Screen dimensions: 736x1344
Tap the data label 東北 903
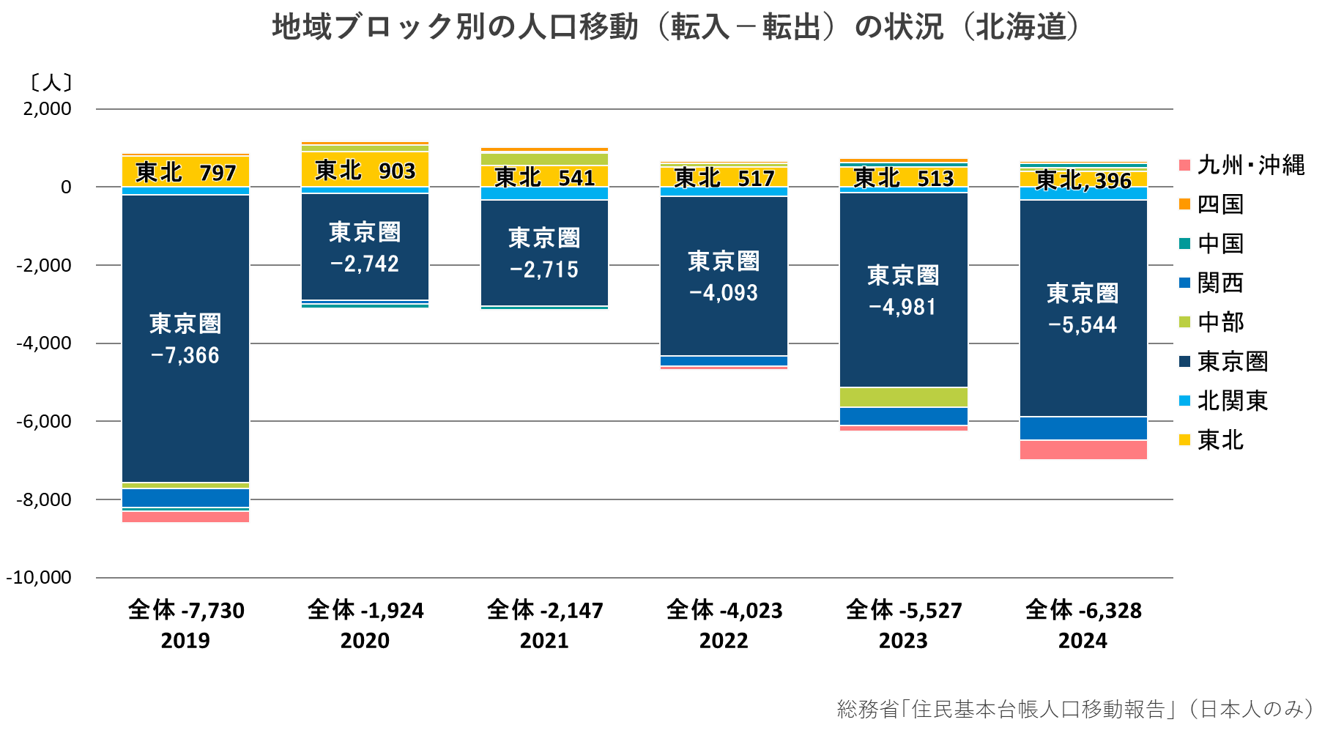pos(365,171)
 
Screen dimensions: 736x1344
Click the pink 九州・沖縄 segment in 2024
pos(1083,450)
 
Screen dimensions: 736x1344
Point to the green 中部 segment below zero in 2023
pos(903,397)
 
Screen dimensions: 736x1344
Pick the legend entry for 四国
pos(1219,204)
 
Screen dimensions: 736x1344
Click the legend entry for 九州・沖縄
pos(1249,165)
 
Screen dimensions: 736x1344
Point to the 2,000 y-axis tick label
pos(47,109)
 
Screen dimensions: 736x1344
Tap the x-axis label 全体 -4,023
pos(724,610)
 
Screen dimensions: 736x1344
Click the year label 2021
pos(544,641)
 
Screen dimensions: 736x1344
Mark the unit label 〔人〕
pos(51,81)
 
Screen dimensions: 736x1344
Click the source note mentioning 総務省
pos(1074,708)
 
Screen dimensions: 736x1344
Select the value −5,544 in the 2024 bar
pos(1083,325)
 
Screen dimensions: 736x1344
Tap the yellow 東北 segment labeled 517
pos(724,177)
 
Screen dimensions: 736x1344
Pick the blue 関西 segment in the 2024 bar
pos(1083,428)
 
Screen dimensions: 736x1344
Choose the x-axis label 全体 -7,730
pos(185,610)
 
